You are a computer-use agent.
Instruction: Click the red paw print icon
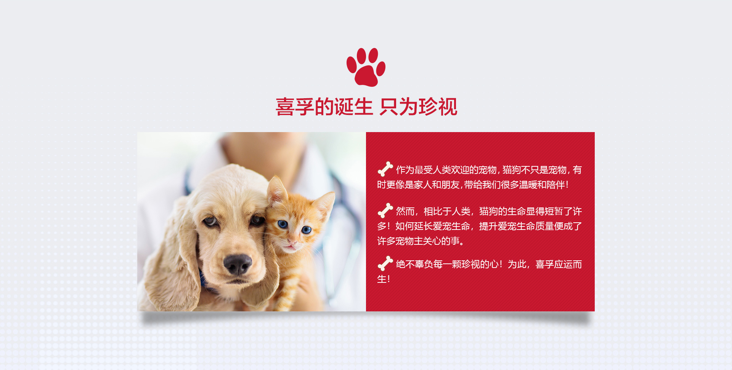(x=366, y=67)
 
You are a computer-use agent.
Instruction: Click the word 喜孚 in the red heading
(x=295, y=107)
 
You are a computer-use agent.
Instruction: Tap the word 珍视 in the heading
(x=438, y=107)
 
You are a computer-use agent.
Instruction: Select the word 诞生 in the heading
(x=353, y=107)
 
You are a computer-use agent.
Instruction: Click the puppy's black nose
(x=237, y=263)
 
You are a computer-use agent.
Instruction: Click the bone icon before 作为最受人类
(x=385, y=169)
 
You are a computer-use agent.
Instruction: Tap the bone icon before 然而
(x=385, y=211)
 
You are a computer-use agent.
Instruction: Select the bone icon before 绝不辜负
(x=385, y=263)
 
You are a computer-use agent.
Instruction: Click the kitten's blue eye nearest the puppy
(x=283, y=224)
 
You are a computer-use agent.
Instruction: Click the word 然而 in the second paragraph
(x=405, y=211)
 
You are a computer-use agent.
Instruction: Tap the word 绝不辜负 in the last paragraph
(x=414, y=264)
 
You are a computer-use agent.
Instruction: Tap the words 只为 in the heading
(x=399, y=107)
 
